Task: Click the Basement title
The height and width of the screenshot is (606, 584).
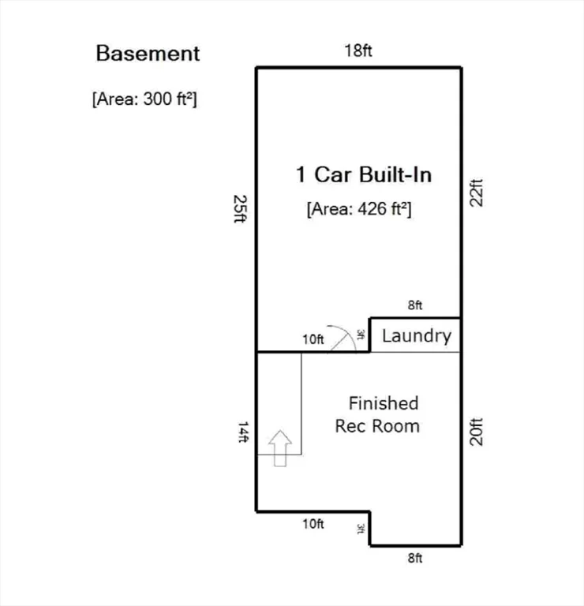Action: click(148, 54)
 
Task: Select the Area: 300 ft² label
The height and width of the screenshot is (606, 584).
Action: click(144, 99)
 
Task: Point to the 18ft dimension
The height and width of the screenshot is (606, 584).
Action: click(358, 50)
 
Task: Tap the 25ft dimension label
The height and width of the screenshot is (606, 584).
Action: click(240, 208)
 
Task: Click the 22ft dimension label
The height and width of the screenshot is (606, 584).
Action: click(476, 193)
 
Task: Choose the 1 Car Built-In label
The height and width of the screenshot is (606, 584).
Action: click(364, 174)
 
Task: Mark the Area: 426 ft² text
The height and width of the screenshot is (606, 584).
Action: click(359, 209)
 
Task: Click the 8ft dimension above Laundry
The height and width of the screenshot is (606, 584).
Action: click(415, 305)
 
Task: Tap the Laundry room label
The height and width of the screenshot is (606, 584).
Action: click(417, 336)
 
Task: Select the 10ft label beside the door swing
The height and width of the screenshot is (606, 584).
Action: click(313, 339)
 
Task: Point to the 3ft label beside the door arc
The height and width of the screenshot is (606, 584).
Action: click(360, 335)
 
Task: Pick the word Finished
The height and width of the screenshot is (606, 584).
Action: click(384, 403)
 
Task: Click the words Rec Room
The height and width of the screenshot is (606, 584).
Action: click(377, 426)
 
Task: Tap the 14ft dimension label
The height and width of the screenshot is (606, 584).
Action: click(243, 432)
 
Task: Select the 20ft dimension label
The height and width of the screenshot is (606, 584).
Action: click(476, 432)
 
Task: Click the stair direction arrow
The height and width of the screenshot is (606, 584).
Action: click(280, 448)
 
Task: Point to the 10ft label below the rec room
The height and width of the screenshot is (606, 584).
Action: click(313, 524)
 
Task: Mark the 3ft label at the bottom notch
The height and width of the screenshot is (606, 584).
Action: click(360, 529)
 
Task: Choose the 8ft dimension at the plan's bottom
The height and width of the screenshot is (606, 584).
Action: click(415, 558)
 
